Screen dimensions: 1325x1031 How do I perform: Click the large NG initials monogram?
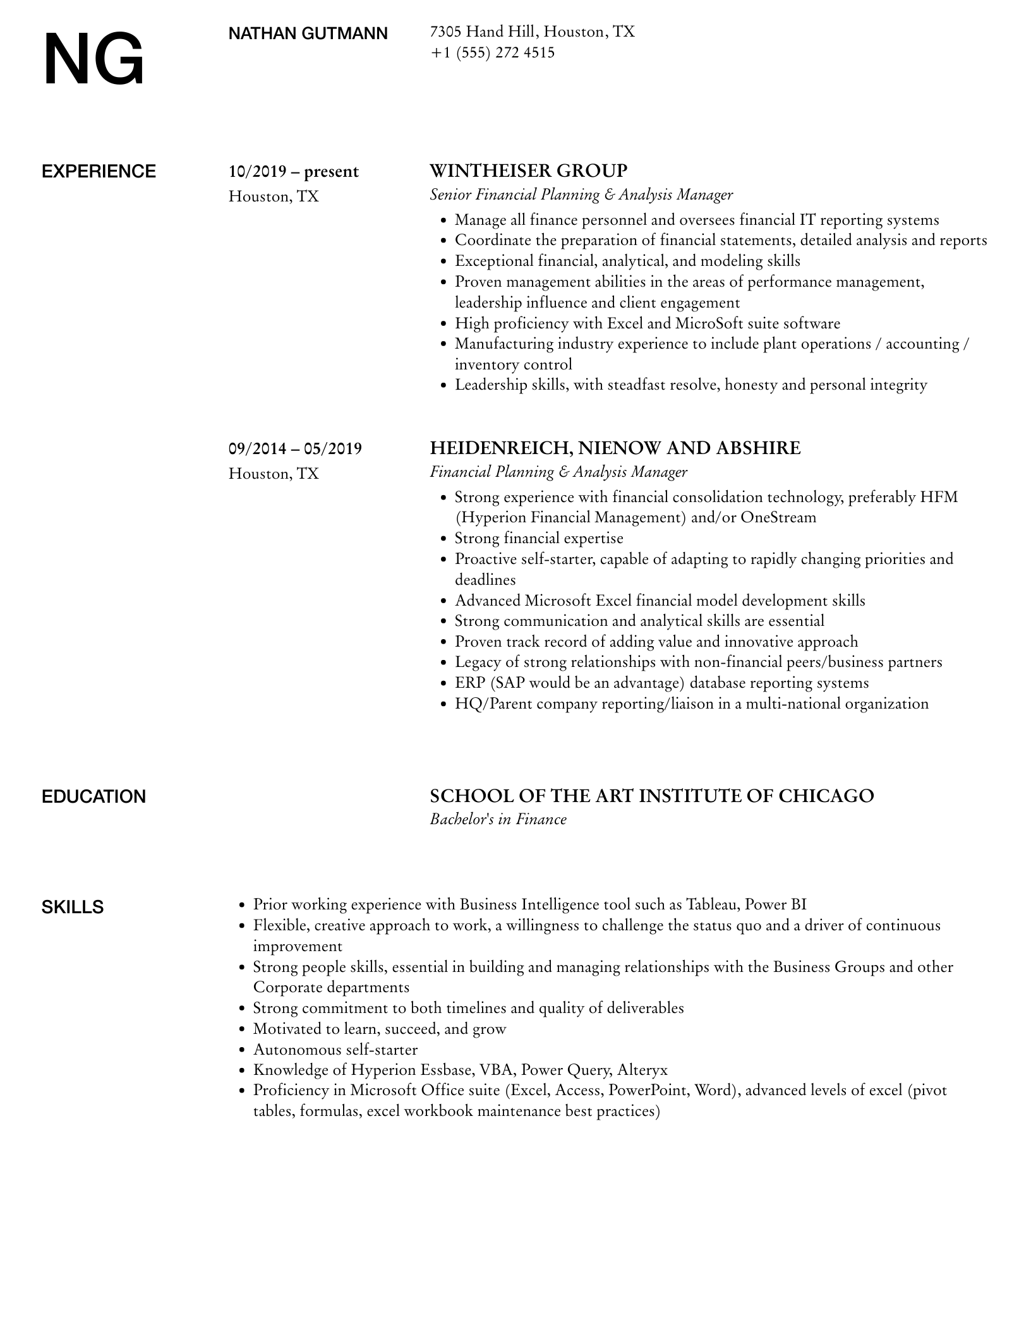coord(93,61)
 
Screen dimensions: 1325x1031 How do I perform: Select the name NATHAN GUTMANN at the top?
coord(308,33)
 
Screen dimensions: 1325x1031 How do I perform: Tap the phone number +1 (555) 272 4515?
coord(492,53)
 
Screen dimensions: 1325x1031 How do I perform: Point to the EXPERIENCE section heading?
coord(99,172)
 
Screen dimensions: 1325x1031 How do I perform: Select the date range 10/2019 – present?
coord(293,172)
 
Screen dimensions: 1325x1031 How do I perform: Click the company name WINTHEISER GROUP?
coord(528,171)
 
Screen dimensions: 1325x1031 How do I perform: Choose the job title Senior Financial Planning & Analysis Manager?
coord(581,195)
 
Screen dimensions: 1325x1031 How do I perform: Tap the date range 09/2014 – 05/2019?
coord(295,449)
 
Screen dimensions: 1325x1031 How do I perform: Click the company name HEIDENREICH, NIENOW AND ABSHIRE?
coord(615,448)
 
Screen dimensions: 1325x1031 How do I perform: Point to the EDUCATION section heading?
coord(93,797)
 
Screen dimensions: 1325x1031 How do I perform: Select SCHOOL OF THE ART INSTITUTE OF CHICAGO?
coord(651,796)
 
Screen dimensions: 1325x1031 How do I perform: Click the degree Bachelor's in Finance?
coord(498,820)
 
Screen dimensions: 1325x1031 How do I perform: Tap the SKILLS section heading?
coord(73,908)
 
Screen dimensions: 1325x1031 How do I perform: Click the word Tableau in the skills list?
coord(712,904)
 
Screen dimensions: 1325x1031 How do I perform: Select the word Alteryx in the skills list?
coord(642,1070)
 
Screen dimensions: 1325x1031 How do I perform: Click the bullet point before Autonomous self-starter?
coord(242,1050)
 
